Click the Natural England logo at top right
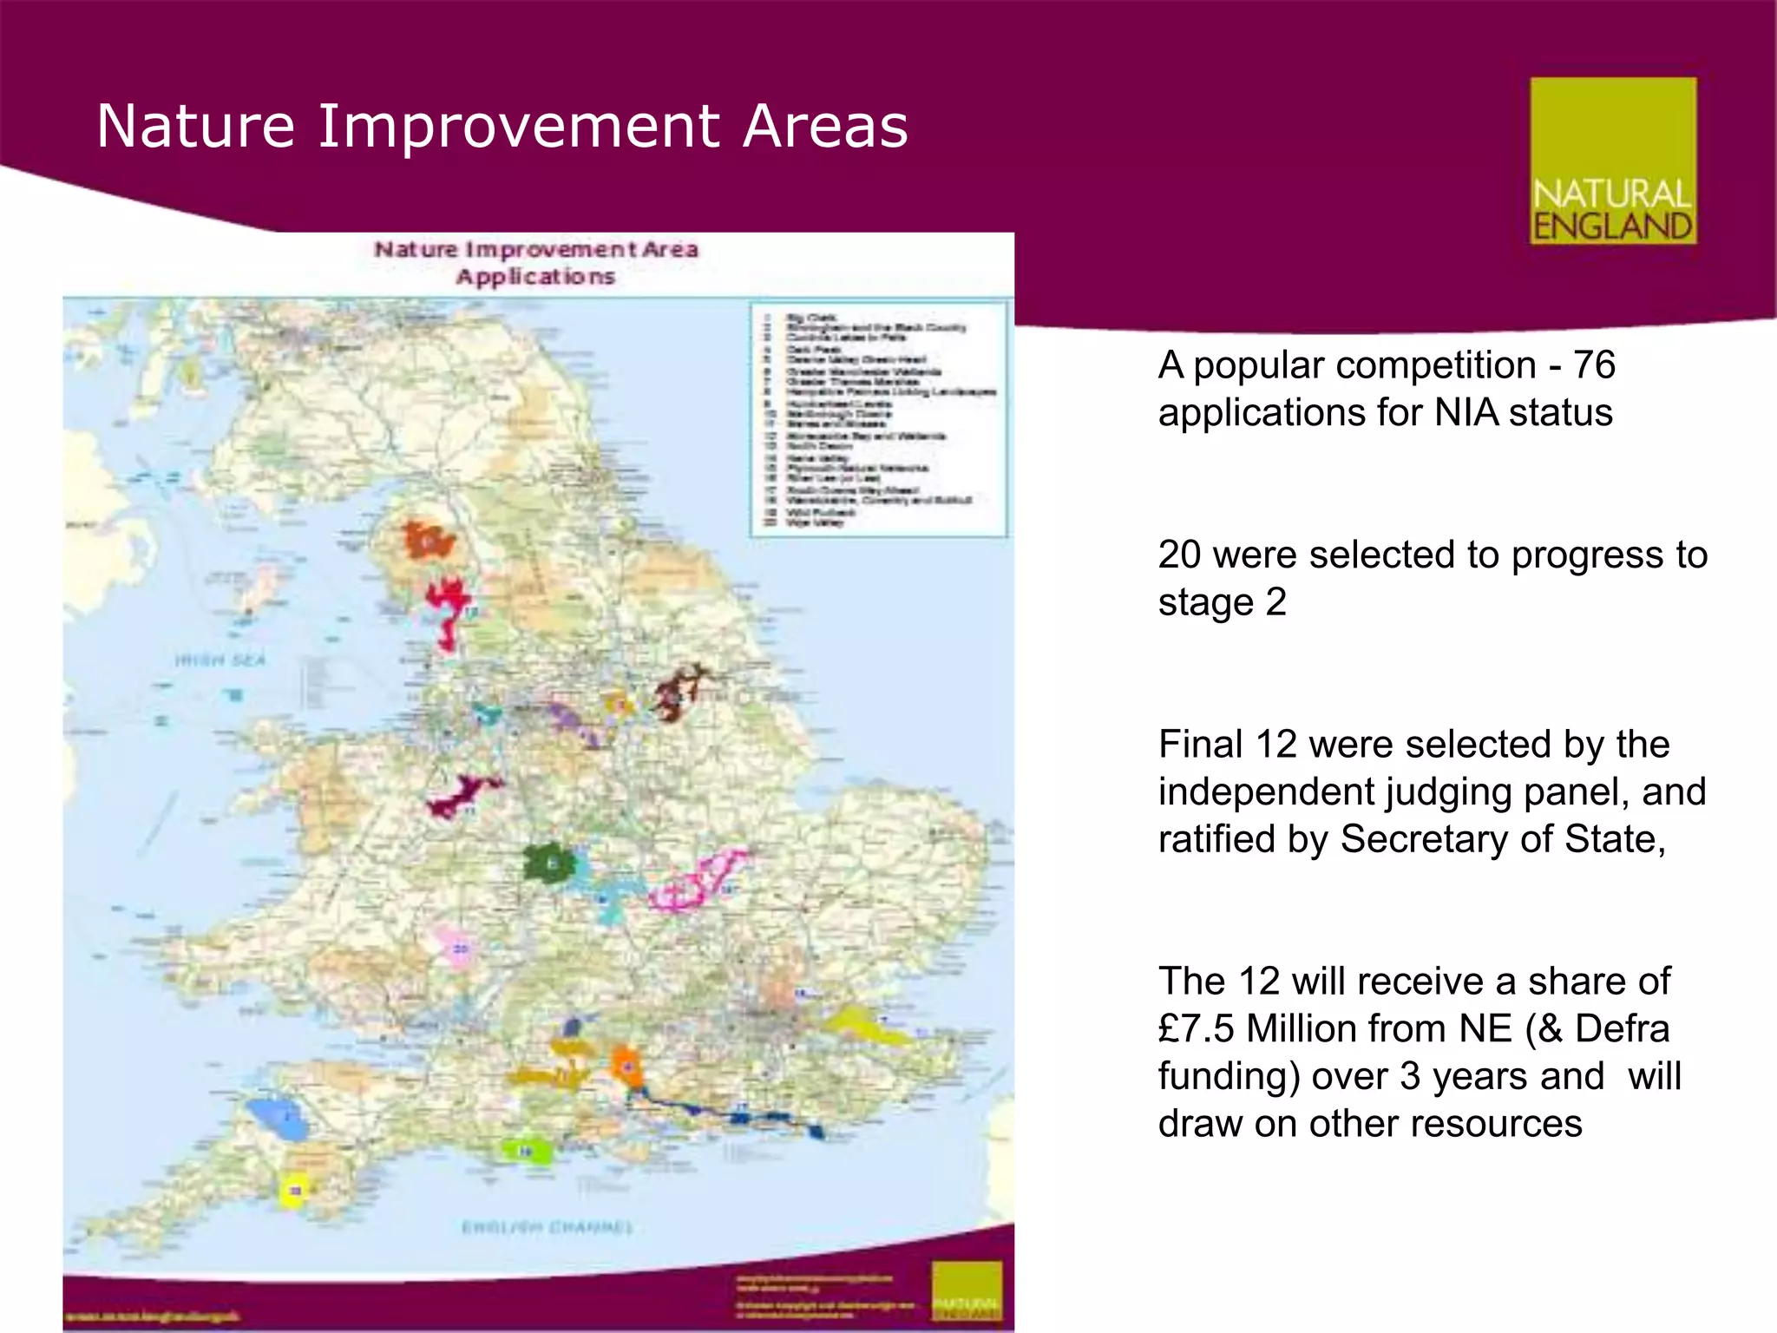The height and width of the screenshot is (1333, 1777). (1612, 161)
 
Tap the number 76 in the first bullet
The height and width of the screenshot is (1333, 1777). (1594, 365)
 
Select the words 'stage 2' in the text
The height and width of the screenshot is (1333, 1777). (1222, 602)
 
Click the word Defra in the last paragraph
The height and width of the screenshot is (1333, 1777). (1622, 1029)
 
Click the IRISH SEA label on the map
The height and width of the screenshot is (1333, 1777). (220, 660)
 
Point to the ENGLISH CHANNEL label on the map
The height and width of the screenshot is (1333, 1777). (548, 1227)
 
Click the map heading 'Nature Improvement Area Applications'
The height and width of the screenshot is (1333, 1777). (535, 262)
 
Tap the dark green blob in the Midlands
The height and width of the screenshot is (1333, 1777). (549, 863)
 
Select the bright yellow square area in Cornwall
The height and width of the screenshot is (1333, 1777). (294, 1191)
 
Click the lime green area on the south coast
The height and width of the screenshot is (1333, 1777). (528, 1151)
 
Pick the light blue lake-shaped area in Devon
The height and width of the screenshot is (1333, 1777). (278, 1120)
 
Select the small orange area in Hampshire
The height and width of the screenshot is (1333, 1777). (626, 1066)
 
